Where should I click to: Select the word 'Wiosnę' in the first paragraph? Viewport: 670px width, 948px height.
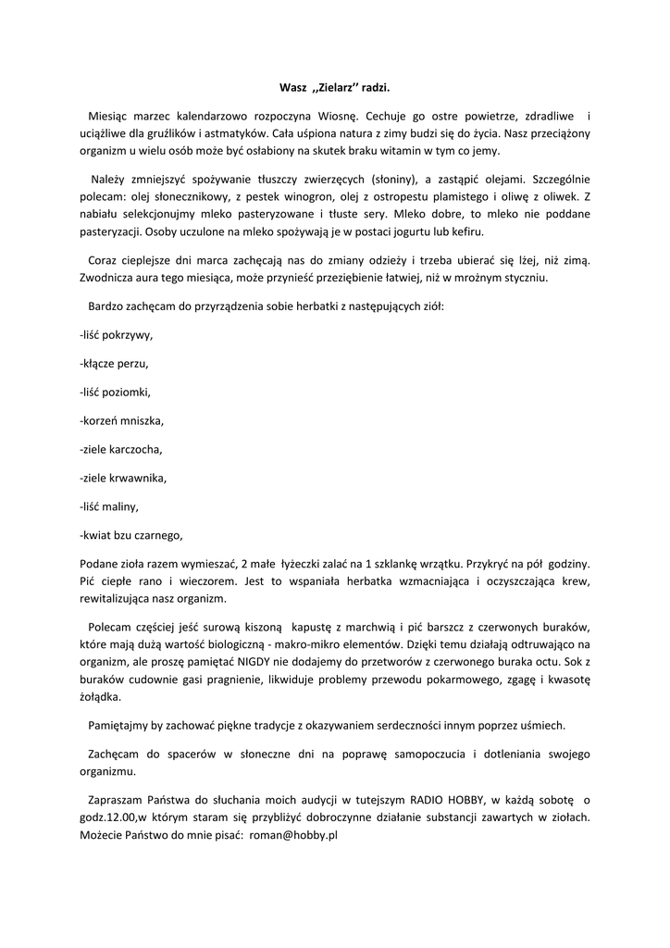[x=337, y=117]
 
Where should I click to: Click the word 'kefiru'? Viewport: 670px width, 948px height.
[x=467, y=231]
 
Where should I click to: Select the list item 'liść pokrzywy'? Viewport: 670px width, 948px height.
[x=117, y=334]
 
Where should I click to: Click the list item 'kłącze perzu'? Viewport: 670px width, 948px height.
[x=115, y=363]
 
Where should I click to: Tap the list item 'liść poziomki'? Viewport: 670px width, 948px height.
[x=116, y=392]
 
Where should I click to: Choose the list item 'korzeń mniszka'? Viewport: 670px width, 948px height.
[x=122, y=420]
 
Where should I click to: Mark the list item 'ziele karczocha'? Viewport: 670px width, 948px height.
[x=121, y=449]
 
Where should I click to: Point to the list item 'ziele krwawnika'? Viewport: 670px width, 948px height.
[x=124, y=479]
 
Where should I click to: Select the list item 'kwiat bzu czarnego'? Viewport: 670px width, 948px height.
[x=132, y=535]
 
